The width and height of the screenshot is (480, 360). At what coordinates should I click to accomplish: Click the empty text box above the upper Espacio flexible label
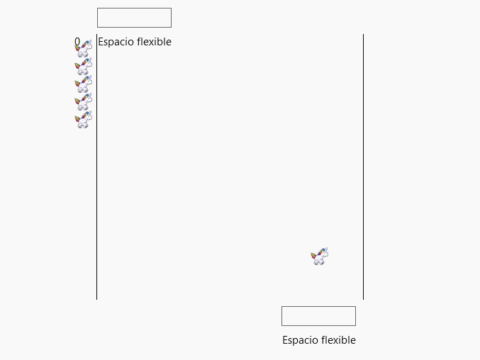tap(134, 18)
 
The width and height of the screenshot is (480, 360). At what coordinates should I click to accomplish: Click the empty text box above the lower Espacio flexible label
tap(318, 316)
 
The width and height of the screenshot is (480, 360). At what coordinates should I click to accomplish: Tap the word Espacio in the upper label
tap(116, 42)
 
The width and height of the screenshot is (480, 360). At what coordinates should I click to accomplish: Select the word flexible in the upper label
tap(154, 42)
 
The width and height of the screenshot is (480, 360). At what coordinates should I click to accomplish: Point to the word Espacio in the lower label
tap(301, 340)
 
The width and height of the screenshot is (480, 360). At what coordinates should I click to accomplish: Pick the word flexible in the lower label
tap(338, 340)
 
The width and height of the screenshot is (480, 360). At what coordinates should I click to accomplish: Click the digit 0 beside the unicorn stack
tap(77, 42)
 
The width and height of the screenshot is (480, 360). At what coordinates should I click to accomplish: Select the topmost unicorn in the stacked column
tap(83, 49)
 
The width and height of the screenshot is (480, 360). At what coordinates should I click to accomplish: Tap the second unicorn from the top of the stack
tap(83, 67)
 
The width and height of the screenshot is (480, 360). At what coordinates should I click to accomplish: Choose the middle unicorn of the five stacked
tap(83, 84)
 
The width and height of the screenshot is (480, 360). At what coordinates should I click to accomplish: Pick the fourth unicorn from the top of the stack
tap(83, 102)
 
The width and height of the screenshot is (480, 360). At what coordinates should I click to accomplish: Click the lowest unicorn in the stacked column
tap(83, 120)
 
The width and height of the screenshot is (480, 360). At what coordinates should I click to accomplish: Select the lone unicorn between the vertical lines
tap(319, 257)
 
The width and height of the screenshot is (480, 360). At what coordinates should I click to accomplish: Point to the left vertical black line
tap(96, 167)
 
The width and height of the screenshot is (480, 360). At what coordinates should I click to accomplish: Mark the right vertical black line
tap(363, 167)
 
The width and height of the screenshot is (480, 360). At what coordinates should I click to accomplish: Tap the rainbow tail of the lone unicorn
tap(314, 257)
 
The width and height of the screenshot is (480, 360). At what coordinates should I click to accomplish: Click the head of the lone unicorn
tap(324, 252)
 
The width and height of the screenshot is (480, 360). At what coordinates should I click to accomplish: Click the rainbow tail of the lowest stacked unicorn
tap(79, 119)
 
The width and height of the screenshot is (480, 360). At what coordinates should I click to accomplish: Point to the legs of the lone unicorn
tap(319, 261)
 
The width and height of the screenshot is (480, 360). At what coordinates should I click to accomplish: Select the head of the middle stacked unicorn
tap(88, 80)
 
